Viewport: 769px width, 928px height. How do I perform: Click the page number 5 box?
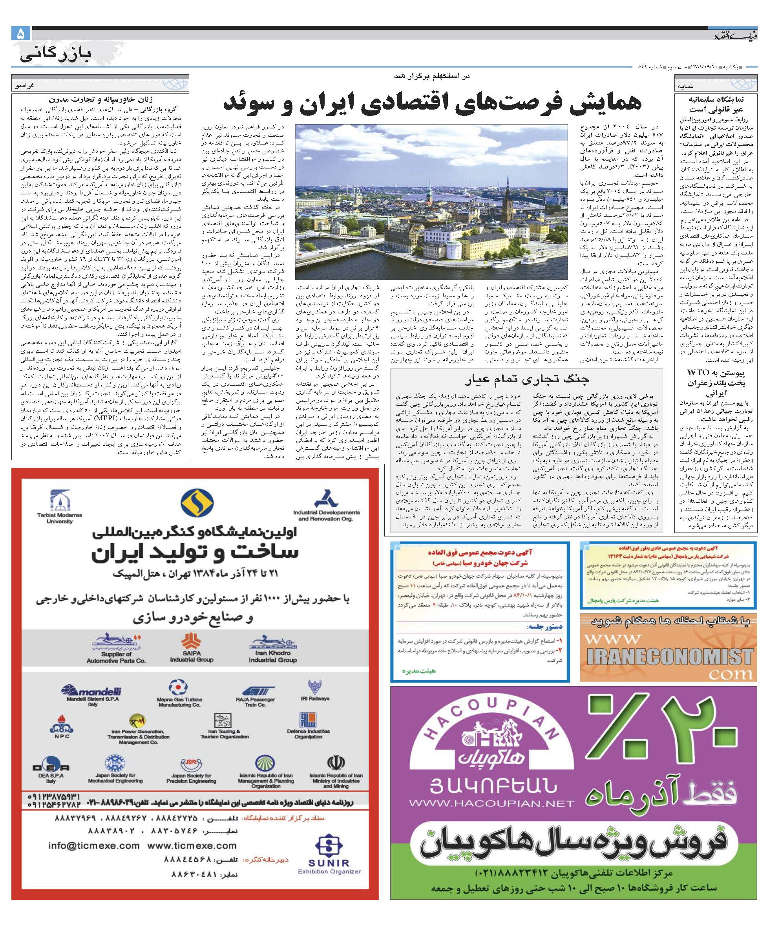tap(21, 34)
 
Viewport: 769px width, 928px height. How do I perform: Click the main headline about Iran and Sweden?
tap(433, 103)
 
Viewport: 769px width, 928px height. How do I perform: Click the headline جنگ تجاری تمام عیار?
tap(526, 379)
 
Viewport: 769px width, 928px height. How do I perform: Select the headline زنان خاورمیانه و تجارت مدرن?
tap(101, 99)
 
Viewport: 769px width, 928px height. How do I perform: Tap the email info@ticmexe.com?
tap(94, 846)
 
